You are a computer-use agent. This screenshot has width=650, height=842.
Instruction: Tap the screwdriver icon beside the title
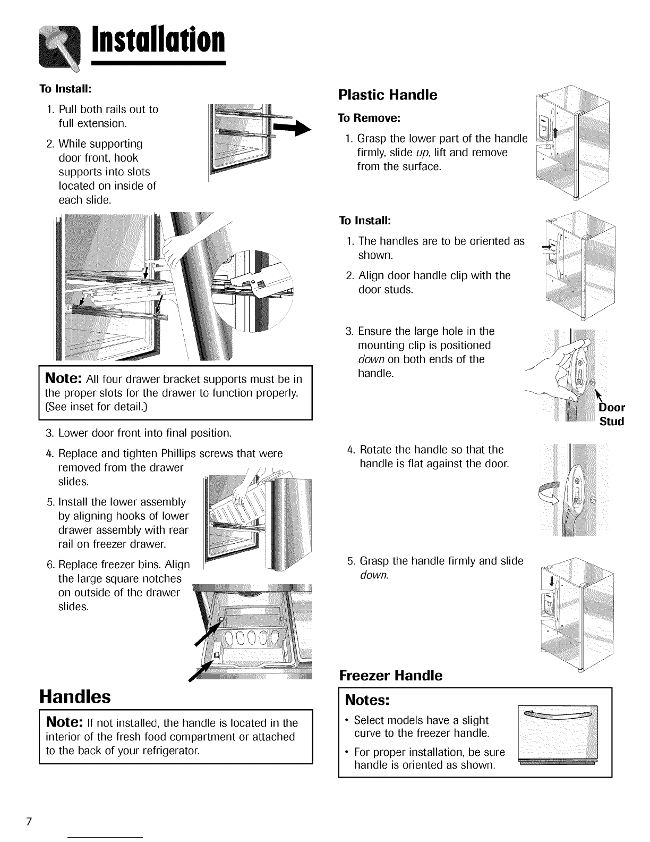60,49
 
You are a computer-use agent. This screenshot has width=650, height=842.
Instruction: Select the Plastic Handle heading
388,95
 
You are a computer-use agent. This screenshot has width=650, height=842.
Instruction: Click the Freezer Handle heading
390,676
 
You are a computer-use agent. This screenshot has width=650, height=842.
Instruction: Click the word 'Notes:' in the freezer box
367,700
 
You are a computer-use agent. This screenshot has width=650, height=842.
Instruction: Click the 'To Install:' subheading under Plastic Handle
365,220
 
